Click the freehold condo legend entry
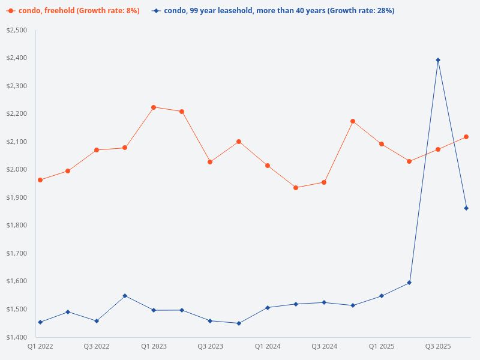tap(75, 11)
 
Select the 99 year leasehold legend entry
tap(273, 11)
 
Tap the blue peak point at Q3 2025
tap(438, 60)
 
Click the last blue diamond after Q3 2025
tap(466, 208)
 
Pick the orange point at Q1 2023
tap(154, 107)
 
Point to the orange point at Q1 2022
tap(40, 180)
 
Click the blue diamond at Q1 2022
tap(40, 322)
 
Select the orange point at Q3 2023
tap(210, 162)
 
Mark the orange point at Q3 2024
tap(324, 182)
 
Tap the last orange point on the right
tap(466, 137)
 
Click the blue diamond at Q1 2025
tap(382, 296)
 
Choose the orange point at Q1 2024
tap(268, 166)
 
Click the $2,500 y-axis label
tap(16, 30)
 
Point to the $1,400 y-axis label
tap(16, 337)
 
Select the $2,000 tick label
tap(16, 169)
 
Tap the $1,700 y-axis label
tap(16, 253)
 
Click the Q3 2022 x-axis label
tap(97, 346)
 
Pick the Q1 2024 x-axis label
tap(268, 346)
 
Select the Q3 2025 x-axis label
tap(438, 346)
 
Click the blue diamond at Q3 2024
tap(324, 302)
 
